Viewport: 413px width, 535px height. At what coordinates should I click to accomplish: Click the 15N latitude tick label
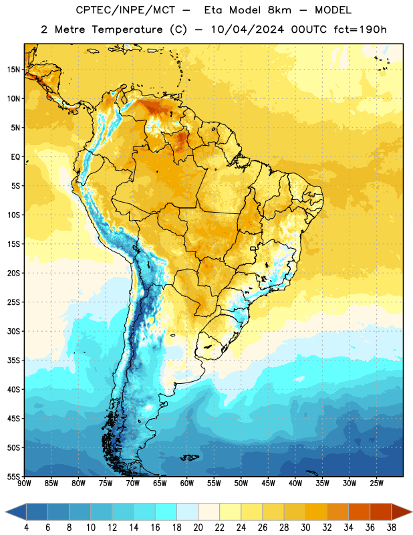(13, 70)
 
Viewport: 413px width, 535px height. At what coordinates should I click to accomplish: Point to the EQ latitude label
(15, 157)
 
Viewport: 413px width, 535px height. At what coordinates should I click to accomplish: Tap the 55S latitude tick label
(13, 476)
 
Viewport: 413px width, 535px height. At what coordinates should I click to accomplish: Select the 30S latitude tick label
(13, 331)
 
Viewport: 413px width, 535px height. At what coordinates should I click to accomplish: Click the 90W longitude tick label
(24, 483)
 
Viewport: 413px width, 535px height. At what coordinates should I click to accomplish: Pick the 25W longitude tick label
(376, 483)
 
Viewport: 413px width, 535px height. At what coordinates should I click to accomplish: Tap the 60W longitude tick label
(187, 483)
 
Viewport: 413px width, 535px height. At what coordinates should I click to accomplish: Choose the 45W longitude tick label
(268, 483)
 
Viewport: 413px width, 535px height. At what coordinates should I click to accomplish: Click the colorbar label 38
(391, 528)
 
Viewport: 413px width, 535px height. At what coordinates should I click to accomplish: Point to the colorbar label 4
(26, 528)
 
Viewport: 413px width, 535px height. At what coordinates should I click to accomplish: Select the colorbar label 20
(198, 528)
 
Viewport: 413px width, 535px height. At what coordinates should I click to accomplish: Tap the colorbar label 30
(305, 528)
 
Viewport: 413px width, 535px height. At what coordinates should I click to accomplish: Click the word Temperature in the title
(126, 29)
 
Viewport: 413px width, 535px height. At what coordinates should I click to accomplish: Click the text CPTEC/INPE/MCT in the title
(125, 10)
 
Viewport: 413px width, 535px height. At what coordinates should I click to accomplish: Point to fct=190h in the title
(360, 29)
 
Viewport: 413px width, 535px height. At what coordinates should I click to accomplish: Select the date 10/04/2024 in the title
(247, 29)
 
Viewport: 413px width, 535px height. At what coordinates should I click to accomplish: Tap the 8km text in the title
(279, 10)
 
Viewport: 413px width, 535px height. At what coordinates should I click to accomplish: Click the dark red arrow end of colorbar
(402, 512)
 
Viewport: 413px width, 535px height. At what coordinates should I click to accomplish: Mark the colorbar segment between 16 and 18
(166, 512)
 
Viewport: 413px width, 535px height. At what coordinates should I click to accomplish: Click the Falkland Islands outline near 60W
(189, 457)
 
